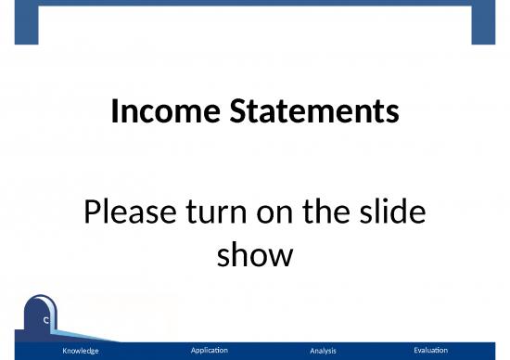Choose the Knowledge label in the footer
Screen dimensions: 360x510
(80, 351)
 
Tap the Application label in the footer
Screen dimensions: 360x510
(209, 350)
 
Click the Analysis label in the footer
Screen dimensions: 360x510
(323, 351)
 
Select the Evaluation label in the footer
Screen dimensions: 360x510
(430, 350)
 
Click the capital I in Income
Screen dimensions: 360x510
(114, 113)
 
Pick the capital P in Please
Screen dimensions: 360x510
(92, 214)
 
